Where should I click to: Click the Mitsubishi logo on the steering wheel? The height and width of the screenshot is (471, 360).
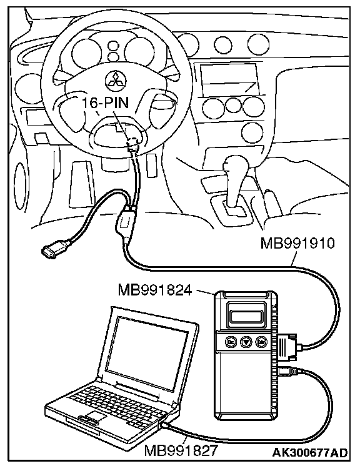pyautogui.click(x=116, y=81)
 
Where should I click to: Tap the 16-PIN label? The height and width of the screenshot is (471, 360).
pyautogui.click(x=106, y=102)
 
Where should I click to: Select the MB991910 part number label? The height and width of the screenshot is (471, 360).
pyautogui.click(x=297, y=243)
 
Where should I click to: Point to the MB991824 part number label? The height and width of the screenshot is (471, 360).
pyautogui.click(x=154, y=290)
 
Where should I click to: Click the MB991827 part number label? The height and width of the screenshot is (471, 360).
pyautogui.click(x=181, y=450)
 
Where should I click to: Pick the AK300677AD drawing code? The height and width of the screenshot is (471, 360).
pyautogui.click(x=310, y=453)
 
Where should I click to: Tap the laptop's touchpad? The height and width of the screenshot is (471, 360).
pyautogui.click(x=95, y=416)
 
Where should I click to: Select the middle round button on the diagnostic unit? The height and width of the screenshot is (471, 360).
pyautogui.click(x=246, y=341)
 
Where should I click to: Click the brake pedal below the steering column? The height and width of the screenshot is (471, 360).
pyautogui.click(x=81, y=184)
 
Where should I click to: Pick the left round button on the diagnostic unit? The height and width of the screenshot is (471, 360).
pyautogui.click(x=231, y=341)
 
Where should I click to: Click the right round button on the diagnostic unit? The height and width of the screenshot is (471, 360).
pyautogui.click(x=261, y=341)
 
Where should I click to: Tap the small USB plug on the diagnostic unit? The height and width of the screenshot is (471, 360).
pyautogui.click(x=288, y=372)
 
